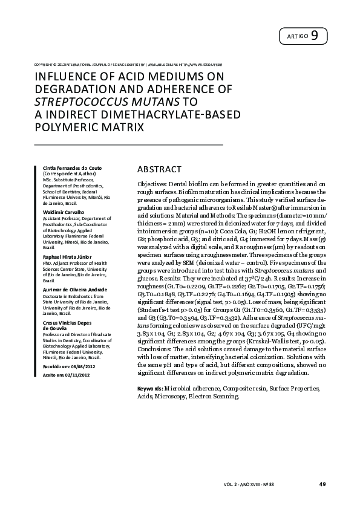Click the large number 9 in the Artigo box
[x=315, y=36]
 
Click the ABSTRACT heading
[x=159, y=169]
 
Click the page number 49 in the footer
[x=322, y=484]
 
